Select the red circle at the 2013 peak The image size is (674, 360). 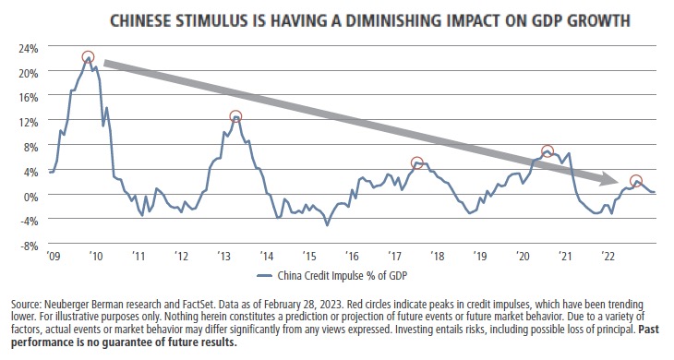(235, 117)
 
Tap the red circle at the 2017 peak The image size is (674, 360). (416, 162)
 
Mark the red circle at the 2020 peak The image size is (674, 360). (548, 151)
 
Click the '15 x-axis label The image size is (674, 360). (307, 256)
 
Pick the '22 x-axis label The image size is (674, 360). (608, 256)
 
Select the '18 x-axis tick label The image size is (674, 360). (436, 256)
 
